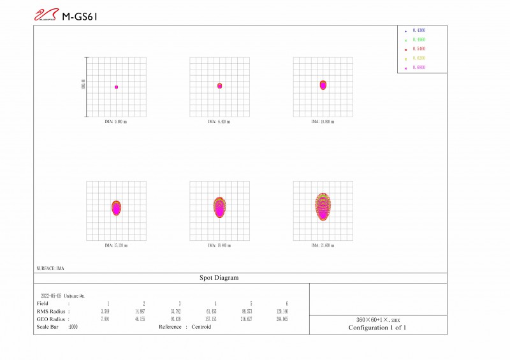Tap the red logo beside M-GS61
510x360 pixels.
click(46, 15)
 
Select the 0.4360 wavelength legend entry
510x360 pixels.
click(419, 30)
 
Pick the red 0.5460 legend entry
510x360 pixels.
click(419, 48)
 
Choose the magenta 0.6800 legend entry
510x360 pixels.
click(419, 67)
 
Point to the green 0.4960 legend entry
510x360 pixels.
click(419, 40)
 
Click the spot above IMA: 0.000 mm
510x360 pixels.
click(116, 87)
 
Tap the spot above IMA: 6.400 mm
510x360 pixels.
click(219, 85)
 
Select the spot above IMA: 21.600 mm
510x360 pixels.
click(323, 206)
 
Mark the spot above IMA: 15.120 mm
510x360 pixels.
click(116, 208)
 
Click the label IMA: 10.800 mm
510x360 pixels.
click(323, 121)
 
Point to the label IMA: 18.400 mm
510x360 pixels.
click(219, 245)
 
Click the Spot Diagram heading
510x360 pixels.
click(220, 278)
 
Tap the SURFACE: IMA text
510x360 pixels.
click(52, 268)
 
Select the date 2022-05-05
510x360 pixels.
click(51, 296)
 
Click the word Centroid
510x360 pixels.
click(201, 327)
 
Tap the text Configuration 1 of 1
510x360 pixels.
click(377, 328)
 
